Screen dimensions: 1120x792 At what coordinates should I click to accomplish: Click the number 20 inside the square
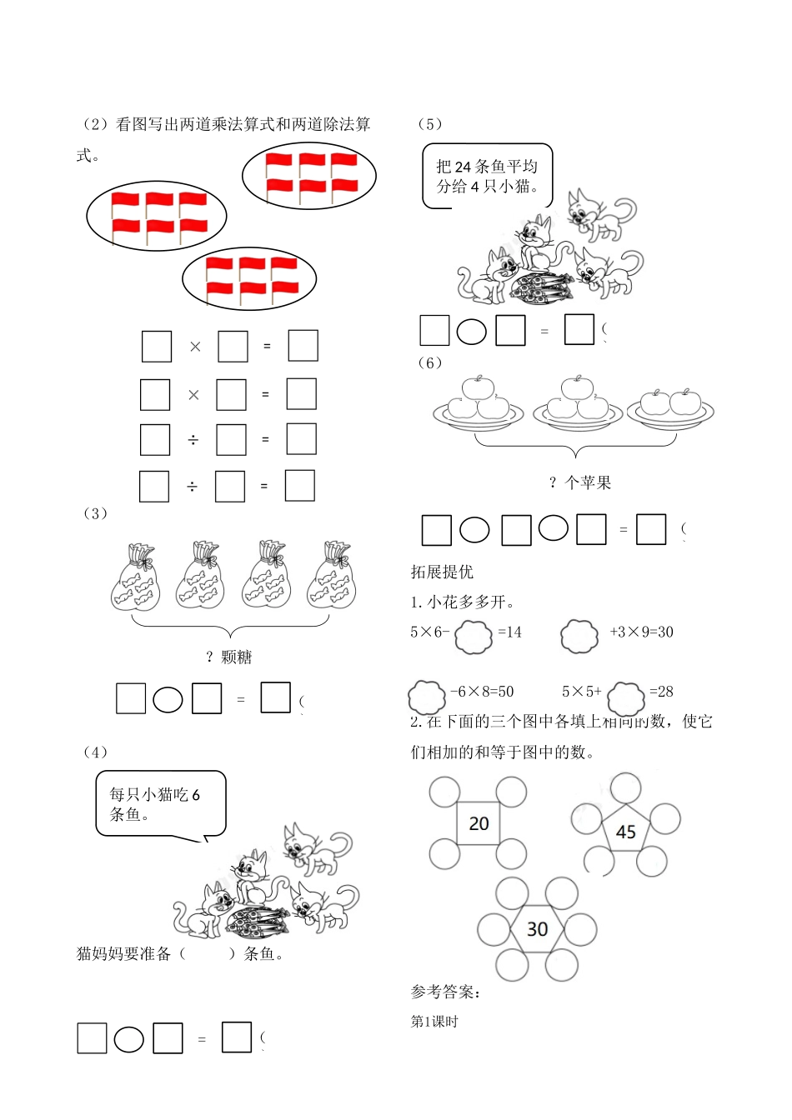[479, 823]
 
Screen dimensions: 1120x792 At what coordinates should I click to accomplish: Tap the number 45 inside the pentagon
[625, 832]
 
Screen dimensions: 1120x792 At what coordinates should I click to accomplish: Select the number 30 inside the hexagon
[537, 929]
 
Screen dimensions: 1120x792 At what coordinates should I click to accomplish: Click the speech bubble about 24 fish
[487, 176]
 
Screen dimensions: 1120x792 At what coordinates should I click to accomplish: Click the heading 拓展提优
[442, 572]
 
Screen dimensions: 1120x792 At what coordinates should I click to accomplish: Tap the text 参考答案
[445, 992]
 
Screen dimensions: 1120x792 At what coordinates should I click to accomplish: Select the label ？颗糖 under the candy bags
[228, 657]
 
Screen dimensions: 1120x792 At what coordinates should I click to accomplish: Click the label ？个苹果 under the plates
[580, 482]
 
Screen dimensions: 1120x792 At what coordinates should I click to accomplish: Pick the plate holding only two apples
[670, 406]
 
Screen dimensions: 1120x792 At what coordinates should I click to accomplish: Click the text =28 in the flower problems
[661, 692]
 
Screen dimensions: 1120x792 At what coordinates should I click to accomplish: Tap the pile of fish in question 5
[542, 286]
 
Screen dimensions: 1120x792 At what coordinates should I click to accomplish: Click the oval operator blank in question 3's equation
[168, 699]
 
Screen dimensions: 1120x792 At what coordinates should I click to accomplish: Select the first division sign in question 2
[193, 439]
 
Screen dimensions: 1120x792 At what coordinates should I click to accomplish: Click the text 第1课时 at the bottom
[434, 1022]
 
